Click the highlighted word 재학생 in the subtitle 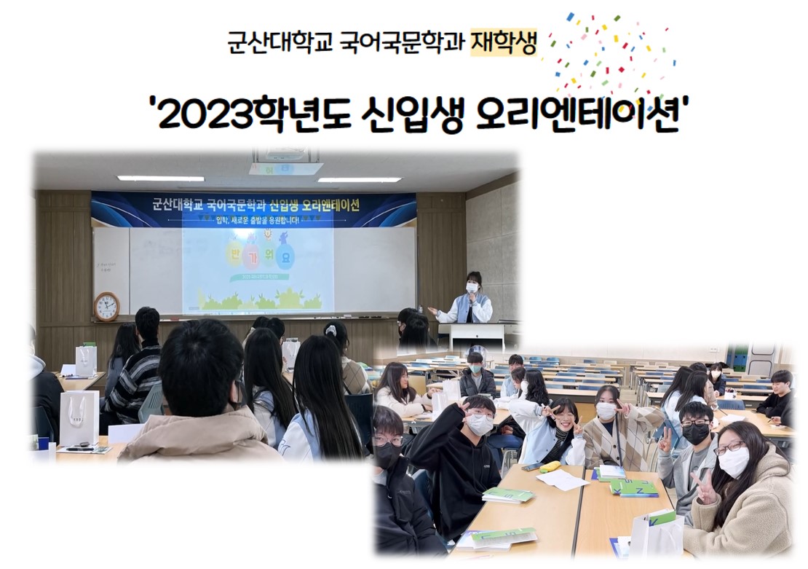tap(504, 43)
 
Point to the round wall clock tap(106, 306)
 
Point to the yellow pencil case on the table tap(550, 466)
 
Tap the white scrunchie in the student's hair tap(330, 330)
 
